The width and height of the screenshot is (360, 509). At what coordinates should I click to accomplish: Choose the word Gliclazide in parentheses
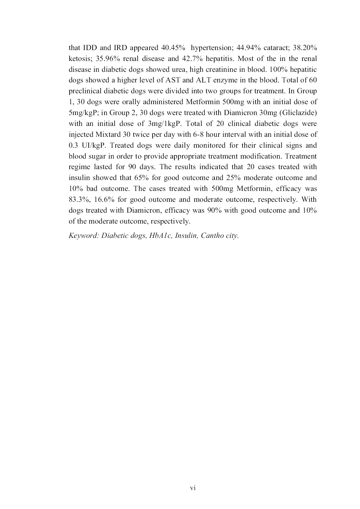(299, 113)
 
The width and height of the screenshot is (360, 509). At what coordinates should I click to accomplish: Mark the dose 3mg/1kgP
(164, 124)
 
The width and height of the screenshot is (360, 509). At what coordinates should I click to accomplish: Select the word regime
(79, 167)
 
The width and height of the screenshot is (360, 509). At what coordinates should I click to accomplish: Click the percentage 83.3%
(78, 200)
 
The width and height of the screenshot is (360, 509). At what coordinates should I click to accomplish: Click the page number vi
(193, 488)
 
